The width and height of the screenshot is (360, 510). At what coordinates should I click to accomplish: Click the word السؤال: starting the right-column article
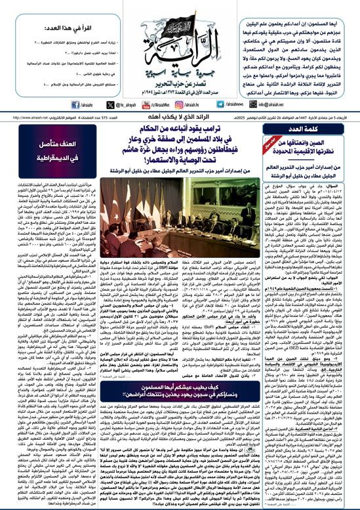345,169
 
